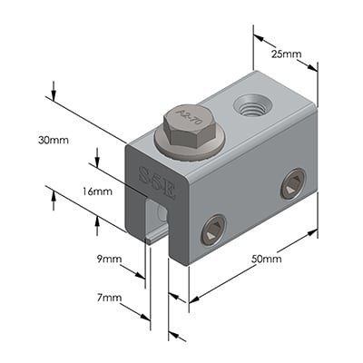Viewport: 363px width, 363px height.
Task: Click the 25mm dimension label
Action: [286, 54]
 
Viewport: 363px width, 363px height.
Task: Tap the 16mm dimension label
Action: [97, 191]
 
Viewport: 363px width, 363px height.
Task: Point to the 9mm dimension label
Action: [108, 260]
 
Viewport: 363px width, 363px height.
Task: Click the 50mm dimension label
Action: [265, 259]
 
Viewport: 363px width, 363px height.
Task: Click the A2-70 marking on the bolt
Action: [189, 117]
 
